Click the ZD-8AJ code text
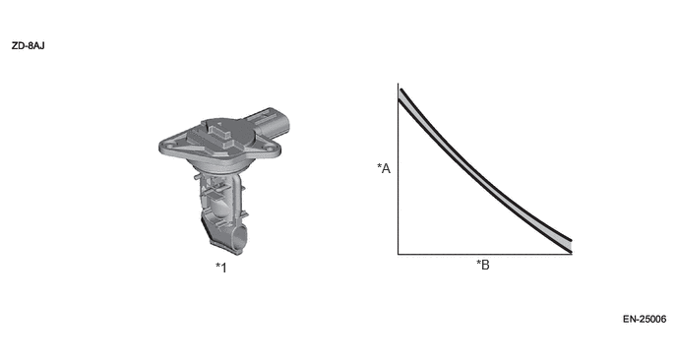pyautogui.click(x=29, y=46)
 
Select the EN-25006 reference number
pyautogui.click(x=645, y=319)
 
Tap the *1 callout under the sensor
pyautogui.click(x=221, y=268)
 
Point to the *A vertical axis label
pyautogui.click(x=384, y=168)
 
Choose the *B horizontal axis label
pyautogui.click(x=483, y=265)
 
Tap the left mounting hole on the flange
pyautogui.click(x=169, y=146)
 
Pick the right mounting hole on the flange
pyautogui.click(x=271, y=150)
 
